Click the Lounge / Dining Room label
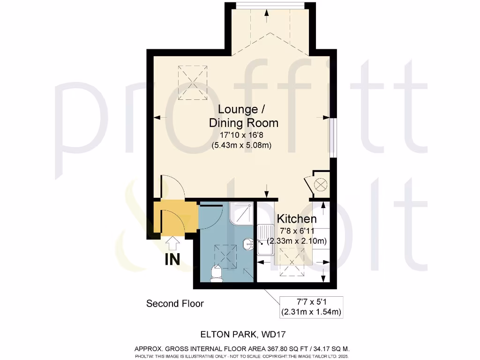coord(243,116)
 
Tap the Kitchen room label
coord(297,218)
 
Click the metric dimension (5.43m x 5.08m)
coord(243,145)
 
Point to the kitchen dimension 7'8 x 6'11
coord(296,231)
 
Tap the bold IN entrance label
coord(172,260)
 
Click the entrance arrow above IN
coord(172,243)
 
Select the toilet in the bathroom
coord(217,273)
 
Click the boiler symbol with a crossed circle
coord(321,184)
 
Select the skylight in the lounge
coord(192,82)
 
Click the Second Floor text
coord(175,304)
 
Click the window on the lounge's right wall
coord(332,137)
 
